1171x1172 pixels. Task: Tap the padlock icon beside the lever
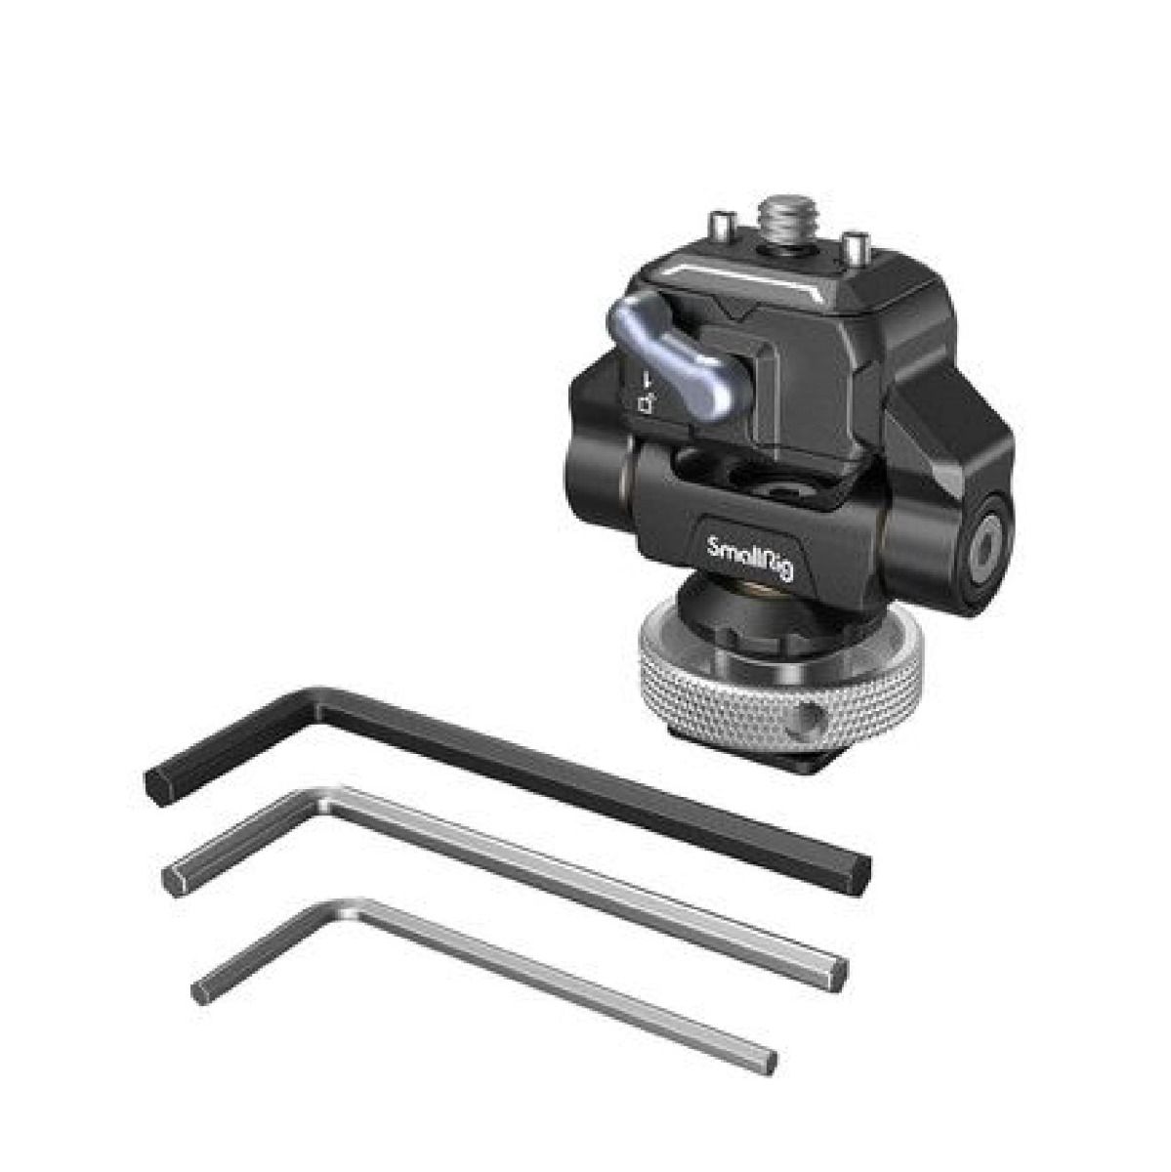[647, 403]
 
